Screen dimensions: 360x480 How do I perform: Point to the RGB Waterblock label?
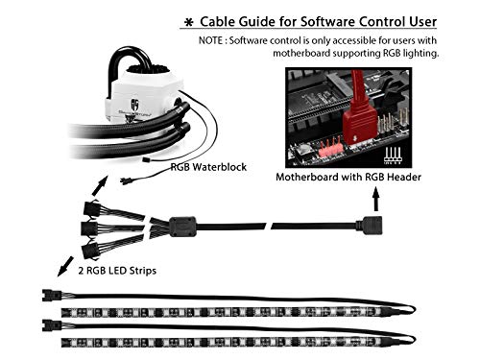(x=208, y=167)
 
